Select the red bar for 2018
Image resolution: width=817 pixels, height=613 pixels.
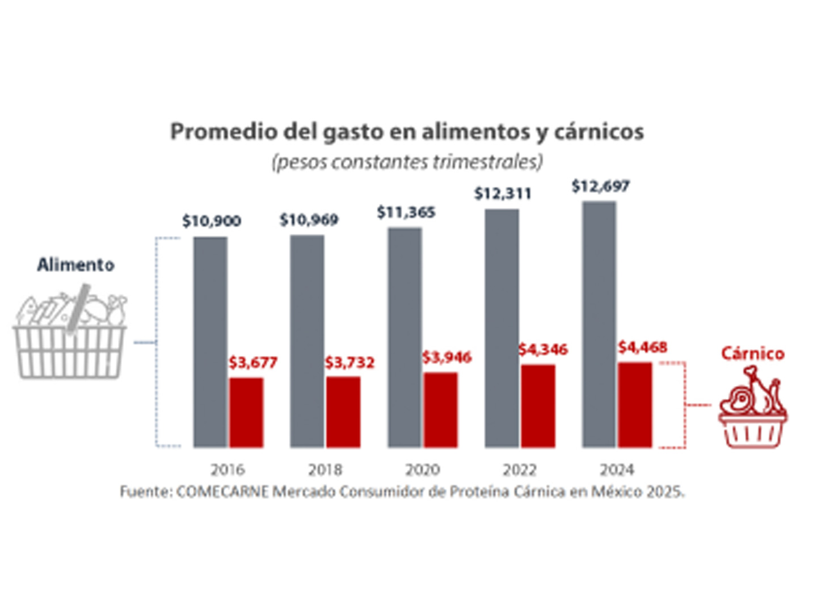pyautogui.click(x=343, y=412)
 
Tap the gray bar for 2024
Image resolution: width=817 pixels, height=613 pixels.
pyautogui.click(x=599, y=324)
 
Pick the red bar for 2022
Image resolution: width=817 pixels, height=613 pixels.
pyautogui.click(x=538, y=406)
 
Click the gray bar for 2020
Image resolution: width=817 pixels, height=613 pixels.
pyautogui.click(x=405, y=338)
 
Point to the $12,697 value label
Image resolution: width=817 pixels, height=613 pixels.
pyautogui.click(x=600, y=186)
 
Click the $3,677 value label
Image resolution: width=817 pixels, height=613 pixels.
pyautogui.click(x=253, y=363)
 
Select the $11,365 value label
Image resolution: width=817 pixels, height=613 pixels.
pyautogui.click(x=406, y=213)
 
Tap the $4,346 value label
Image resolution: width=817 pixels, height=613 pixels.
pyautogui.click(x=543, y=350)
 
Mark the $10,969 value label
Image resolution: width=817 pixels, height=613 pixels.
pyautogui.click(x=309, y=220)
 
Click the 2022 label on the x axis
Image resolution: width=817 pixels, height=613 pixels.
pyautogui.click(x=520, y=470)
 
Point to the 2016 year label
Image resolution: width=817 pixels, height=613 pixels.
pyautogui.click(x=228, y=470)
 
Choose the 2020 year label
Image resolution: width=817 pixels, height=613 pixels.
pyautogui.click(x=422, y=470)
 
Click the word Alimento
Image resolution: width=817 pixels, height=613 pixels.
pyautogui.click(x=75, y=265)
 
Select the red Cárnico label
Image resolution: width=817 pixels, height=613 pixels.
pyautogui.click(x=753, y=354)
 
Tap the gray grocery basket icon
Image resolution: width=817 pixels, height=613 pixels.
pyautogui.click(x=70, y=338)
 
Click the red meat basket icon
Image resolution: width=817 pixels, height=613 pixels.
pyautogui.click(x=752, y=408)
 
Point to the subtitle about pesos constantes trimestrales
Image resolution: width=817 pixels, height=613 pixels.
pyautogui.click(x=407, y=162)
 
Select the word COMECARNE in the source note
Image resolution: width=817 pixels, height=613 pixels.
pyautogui.click(x=222, y=492)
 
